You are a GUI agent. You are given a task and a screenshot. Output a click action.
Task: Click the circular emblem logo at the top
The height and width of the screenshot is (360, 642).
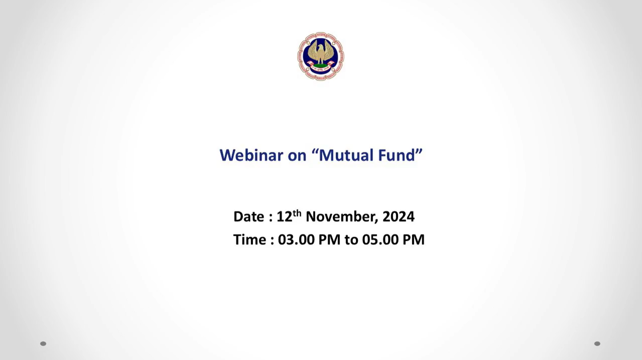click(321, 56)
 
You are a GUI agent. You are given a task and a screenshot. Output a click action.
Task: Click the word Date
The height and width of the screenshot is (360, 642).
click(249, 216)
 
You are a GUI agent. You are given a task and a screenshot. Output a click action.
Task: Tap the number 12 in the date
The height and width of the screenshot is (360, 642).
click(284, 216)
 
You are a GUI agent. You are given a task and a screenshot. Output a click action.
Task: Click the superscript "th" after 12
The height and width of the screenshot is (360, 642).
click(297, 213)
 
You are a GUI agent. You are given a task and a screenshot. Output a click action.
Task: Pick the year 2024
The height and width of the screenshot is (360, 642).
click(398, 216)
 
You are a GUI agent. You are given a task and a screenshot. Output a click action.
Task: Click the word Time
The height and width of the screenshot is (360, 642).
click(250, 240)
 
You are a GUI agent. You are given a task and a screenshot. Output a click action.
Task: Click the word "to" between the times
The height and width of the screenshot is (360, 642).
click(352, 240)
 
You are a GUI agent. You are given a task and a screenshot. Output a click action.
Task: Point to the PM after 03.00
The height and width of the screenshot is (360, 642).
click(329, 240)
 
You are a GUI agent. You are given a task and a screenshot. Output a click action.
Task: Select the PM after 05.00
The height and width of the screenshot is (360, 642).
click(414, 240)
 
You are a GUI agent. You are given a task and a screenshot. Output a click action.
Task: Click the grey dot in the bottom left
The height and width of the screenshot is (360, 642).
click(43, 344)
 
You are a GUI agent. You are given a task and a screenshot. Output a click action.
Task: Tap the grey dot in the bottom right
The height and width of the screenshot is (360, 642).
click(597, 344)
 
